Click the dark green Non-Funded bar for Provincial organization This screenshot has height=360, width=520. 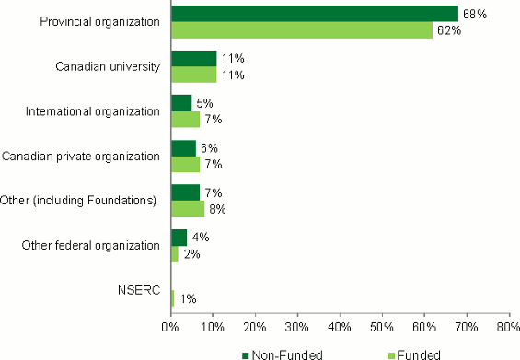[x=314, y=13]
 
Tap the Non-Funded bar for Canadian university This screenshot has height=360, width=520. [x=193, y=58]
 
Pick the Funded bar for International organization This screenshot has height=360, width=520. [x=185, y=119]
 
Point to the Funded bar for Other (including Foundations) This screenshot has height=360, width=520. [x=187, y=209]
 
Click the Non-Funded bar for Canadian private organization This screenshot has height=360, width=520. [x=183, y=148]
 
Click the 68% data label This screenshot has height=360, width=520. [x=473, y=13]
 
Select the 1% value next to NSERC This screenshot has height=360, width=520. [x=186, y=298]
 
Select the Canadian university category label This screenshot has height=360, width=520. [x=109, y=65]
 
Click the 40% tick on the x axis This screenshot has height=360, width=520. [x=340, y=327]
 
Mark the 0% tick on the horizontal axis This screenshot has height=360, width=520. [x=170, y=327]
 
